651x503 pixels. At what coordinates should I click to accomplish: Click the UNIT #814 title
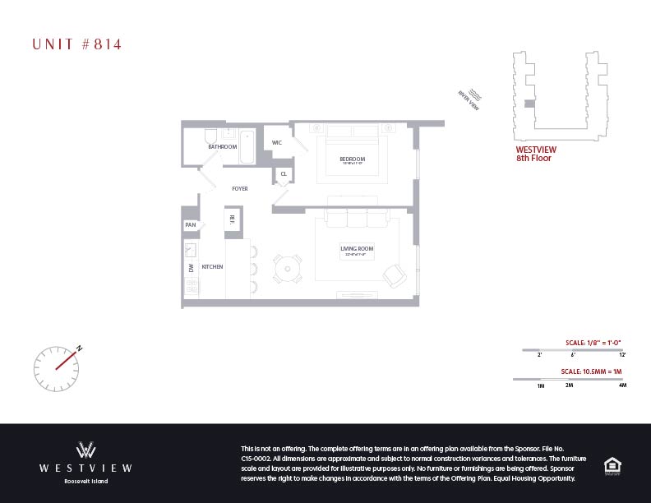[76, 44]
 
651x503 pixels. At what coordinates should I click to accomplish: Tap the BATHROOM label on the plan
[222, 147]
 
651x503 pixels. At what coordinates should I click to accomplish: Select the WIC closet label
[277, 142]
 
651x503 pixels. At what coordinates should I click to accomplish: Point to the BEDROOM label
[352, 159]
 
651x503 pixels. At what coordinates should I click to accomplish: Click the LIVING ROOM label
[357, 248]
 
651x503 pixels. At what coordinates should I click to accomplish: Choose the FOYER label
[239, 189]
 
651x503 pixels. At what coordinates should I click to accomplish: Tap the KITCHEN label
[214, 267]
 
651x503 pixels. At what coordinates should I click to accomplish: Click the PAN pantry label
[190, 224]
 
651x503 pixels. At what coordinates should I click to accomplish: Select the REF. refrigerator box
[232, 219]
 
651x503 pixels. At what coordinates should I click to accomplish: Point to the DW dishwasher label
[191, 268]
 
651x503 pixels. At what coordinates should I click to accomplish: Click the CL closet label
[284, 174]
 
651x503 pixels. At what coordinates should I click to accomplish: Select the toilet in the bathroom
[209, 135]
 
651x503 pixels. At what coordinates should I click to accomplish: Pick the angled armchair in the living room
[393, 275]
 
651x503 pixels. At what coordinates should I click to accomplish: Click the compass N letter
[80, 348]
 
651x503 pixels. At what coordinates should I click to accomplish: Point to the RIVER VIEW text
[469, 100]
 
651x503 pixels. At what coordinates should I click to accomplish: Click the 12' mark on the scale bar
[622, 355]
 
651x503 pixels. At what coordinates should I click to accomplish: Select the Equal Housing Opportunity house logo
[612, 464]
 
